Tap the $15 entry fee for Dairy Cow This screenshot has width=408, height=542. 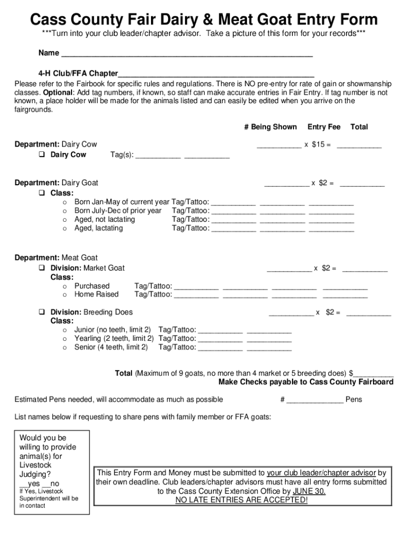[x=318, y=144]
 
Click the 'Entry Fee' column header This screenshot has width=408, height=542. [x=324, y=127]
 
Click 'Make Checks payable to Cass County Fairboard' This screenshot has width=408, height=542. [x=306, y=382]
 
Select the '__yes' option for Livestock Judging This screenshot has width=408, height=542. [x=30, y=484]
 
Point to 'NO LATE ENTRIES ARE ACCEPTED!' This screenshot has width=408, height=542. [x=241, y=500]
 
